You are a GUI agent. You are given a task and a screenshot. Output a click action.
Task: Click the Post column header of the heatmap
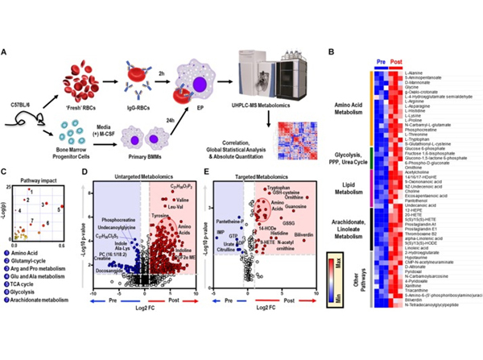pos(398,62)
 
